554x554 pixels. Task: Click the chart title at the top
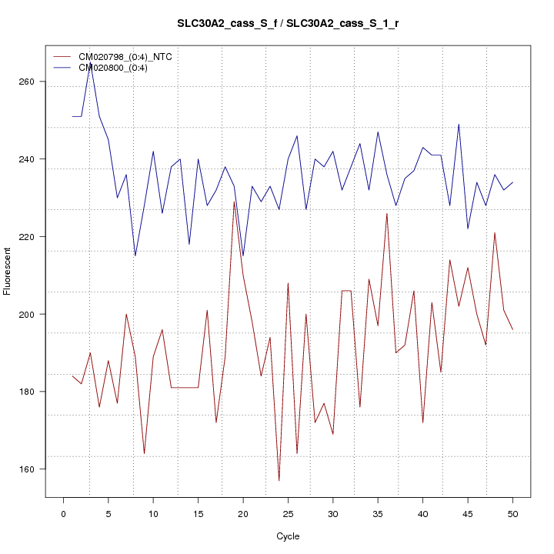coord(288,24)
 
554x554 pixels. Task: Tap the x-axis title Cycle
coord(288,536)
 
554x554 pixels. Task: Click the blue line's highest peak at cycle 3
coord(90,63)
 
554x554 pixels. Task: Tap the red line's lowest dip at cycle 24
coord(279,480)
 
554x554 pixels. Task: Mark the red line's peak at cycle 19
coord(234,202)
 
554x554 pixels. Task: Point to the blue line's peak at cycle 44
coord(459,125)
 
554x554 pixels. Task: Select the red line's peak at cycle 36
coord(387,214)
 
